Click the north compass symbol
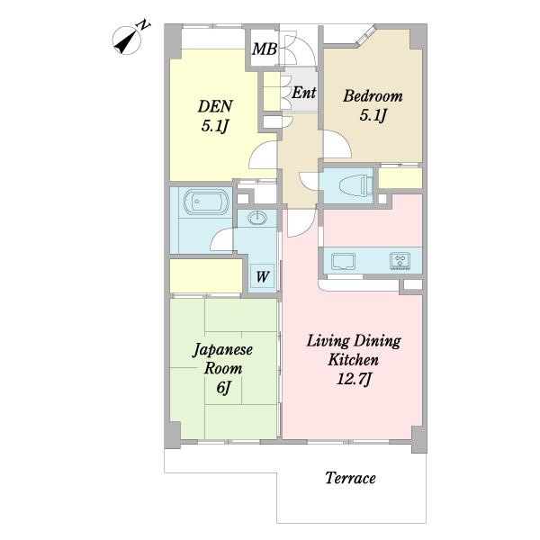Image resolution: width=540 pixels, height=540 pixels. (x=127, y=40)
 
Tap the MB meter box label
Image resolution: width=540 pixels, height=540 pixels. (x=264, y=49)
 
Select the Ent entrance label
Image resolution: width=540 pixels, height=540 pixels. (x=304, y=93)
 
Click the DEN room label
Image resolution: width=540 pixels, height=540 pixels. (x=216, y=106)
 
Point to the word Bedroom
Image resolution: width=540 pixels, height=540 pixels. (x=373, y=96)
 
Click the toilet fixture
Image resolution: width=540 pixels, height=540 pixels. (x=355, y=186)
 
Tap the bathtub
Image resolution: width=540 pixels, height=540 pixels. (x=206, y=202)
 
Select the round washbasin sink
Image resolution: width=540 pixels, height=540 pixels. (x=256, y=218)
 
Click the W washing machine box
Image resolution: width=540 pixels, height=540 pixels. (x=262, y=276)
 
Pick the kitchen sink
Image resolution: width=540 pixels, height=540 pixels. (x=343, y=261)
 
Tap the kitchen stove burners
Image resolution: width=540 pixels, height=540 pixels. (x=400, y=261)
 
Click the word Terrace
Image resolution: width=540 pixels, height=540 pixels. (x=350, y=478)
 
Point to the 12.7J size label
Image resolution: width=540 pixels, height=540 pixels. (x=354, y=380)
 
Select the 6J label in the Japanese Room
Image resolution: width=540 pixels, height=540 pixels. (x=223, y=387)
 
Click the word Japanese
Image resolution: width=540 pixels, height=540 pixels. (x=222, y=350)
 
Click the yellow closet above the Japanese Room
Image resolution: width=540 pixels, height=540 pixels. (x=206, y=275)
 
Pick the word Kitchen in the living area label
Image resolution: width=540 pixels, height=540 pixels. (x=354, y=360)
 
